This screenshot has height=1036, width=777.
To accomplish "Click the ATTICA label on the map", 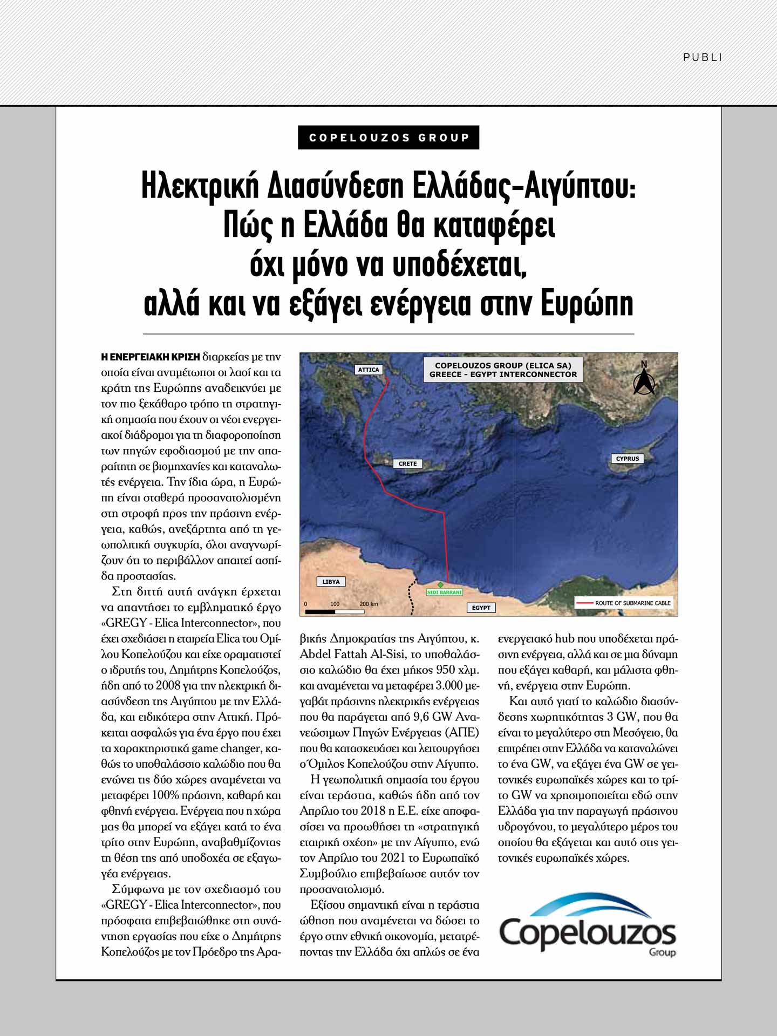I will click(369, 370).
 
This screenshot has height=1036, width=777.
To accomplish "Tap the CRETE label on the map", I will click(407, 464).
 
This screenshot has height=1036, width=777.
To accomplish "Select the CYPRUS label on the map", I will click(627, 459).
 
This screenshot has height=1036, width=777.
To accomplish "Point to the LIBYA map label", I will click(331, 582).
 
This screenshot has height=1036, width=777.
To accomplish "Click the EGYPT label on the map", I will click(481, 608).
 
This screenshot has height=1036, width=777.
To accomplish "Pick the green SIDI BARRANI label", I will click(444, 592).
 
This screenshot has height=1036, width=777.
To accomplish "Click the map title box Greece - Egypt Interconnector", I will click(503, 370).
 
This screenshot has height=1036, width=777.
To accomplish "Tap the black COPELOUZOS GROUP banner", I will click(388, 138).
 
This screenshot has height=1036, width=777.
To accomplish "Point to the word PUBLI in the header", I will click(702, 57).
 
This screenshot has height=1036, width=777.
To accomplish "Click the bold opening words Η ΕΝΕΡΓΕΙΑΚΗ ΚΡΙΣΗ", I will click(151, 357).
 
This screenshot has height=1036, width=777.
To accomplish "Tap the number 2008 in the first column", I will click(169, 686).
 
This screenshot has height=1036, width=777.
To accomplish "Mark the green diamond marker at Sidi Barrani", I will click(440, 585).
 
